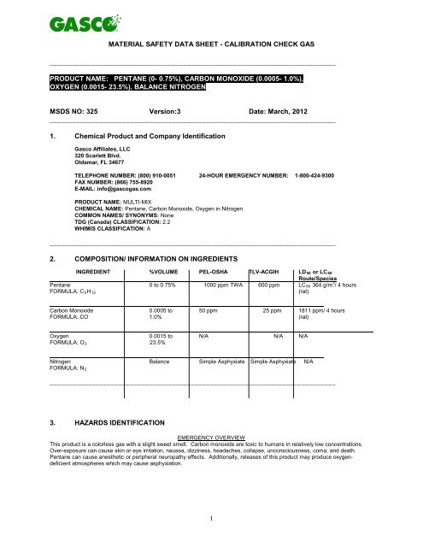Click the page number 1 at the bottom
[211, 537]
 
